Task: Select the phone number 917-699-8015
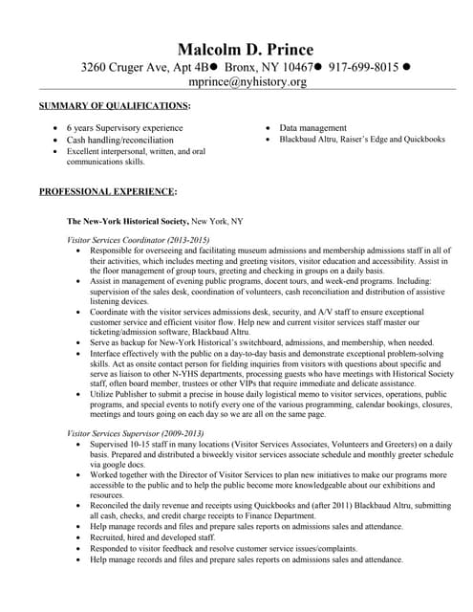[364, 67]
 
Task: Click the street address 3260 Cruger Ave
[127, 67]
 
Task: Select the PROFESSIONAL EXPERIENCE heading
[107, 191]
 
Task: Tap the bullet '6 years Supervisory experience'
[124, 127]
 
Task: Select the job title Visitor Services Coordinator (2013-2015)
[138, 238]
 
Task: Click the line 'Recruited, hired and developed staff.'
[160, 537]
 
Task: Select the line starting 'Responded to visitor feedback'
[210, 549]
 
